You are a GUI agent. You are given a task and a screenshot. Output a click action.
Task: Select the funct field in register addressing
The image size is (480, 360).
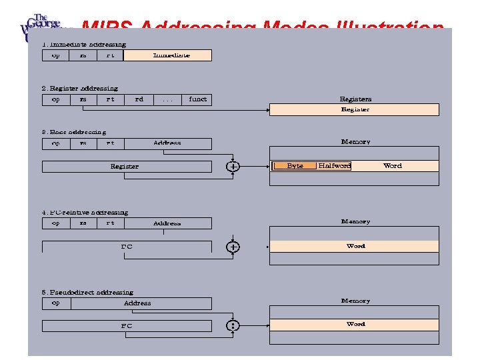197,99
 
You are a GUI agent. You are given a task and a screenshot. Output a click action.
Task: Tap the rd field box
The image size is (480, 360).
139,99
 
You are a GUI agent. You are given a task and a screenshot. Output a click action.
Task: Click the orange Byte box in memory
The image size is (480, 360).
295,166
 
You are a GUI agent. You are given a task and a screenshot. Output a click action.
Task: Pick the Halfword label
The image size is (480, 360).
334,166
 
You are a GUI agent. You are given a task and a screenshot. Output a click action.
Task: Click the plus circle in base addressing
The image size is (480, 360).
233,167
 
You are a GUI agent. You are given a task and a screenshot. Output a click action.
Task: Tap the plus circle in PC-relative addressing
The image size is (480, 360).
233,247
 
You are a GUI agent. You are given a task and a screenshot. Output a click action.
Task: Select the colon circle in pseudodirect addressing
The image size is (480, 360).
233,326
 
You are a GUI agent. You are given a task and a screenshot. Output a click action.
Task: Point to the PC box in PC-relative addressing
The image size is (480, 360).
126,247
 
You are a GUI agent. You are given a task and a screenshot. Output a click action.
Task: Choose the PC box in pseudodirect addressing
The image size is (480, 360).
126,326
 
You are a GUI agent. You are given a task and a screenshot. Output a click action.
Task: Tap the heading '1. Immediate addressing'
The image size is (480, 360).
83,45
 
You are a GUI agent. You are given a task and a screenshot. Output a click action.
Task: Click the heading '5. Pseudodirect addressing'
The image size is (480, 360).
87,292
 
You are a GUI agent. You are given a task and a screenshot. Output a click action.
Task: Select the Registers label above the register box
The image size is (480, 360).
355,99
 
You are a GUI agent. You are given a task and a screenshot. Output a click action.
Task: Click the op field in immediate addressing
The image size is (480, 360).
55,55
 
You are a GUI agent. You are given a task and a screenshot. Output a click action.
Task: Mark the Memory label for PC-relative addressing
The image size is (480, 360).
355,221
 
